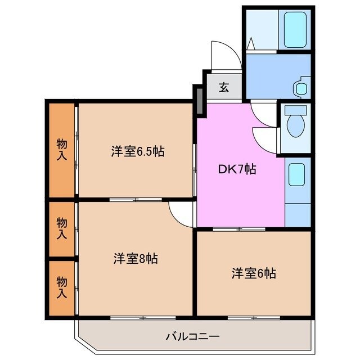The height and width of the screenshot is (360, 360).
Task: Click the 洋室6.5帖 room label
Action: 137,151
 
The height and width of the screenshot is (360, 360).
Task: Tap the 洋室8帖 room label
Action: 135,259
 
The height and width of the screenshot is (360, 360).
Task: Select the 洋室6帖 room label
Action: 254,274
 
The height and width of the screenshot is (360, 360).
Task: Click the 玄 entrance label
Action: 223,87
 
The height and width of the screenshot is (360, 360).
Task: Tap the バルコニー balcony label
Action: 192,336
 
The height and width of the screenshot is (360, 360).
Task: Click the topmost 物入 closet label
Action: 61,150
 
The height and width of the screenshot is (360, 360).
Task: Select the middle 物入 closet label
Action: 61,229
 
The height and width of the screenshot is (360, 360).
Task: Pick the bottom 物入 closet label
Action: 61,287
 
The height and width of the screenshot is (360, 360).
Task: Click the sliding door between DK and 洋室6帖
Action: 239,229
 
